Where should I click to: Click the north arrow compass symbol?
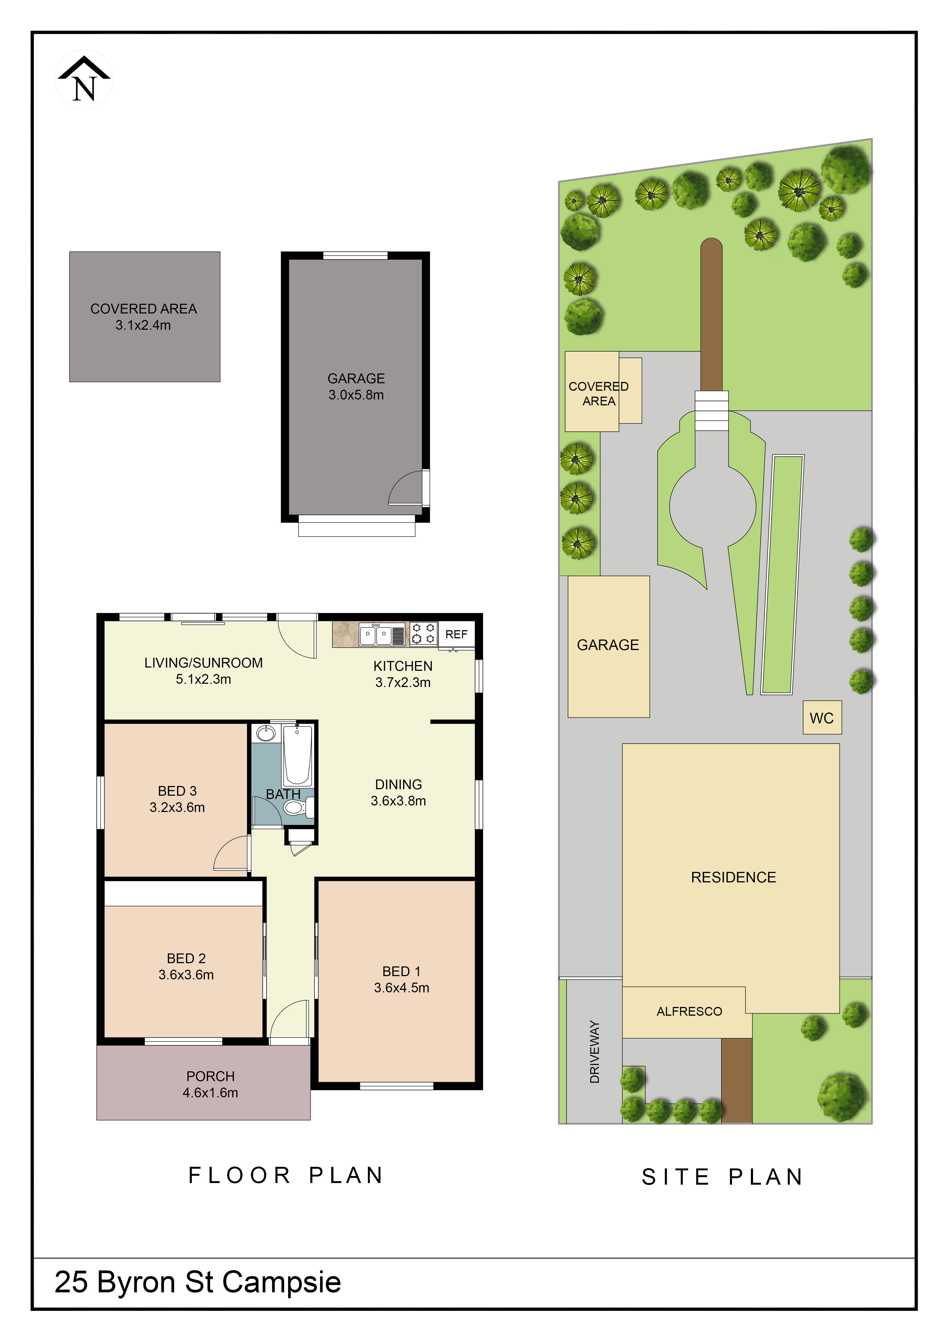pos(84,80)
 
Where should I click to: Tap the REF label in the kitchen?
pos(456,634)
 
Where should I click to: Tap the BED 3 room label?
pos(177,791)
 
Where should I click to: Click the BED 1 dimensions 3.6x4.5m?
pos(402,988)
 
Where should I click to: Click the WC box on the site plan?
pos(822,718)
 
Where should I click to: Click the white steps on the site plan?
pos(712,411)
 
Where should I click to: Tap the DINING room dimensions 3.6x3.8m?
pos(399,801)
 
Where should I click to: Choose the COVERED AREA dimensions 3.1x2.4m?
pos(143,325)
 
